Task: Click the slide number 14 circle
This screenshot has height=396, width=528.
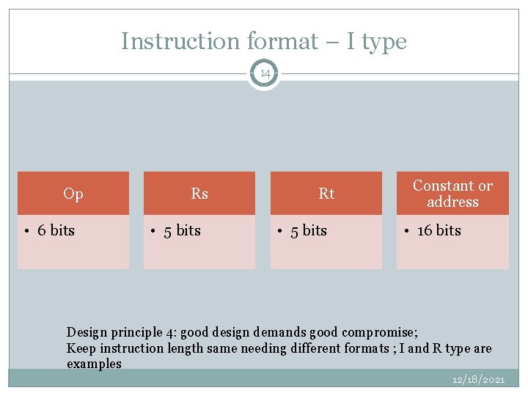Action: [264, 73]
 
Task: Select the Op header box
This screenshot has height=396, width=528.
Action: [73, 194]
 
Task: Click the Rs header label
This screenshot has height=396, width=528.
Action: [199, 194]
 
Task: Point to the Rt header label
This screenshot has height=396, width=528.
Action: [326, 194]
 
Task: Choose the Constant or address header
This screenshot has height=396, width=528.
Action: [452, 194]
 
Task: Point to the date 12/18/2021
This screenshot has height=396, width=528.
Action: [478, 379]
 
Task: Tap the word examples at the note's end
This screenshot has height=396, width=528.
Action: [94, 364]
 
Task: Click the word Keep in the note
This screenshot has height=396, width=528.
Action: [80, 348]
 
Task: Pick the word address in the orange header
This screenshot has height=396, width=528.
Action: [452, 202]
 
